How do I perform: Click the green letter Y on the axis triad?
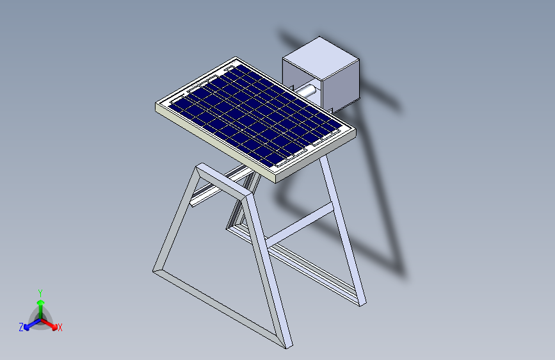point(40,292)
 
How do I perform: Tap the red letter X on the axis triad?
point(60,327)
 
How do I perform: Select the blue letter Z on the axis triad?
point(21,327)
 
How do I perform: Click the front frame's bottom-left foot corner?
point(155,271)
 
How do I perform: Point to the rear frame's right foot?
point(361,301)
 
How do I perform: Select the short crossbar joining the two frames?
point(300,224)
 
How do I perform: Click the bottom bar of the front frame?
point(218,308)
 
